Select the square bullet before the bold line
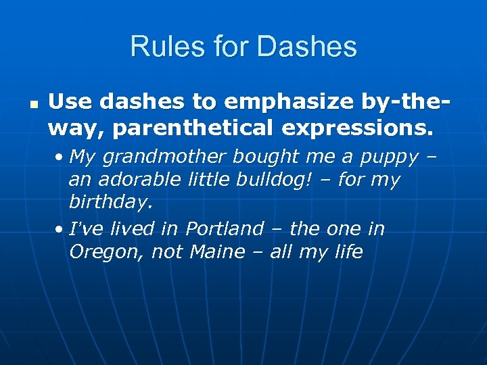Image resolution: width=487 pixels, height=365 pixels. click(x=32, y=105)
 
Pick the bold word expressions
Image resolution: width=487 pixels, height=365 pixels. click(x=365, y=126)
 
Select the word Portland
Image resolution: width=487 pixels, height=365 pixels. click(x=225, y=228)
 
